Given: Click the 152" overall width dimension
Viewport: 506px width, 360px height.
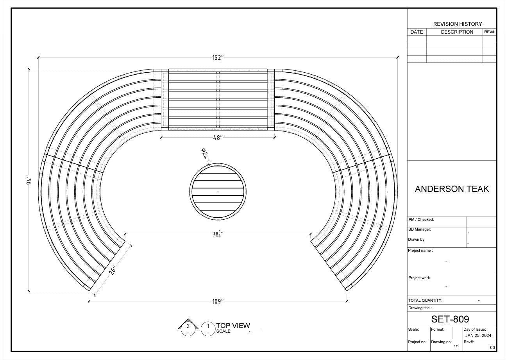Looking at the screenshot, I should pos(218,58).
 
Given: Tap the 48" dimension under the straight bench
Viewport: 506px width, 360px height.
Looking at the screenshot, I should pos(218,138).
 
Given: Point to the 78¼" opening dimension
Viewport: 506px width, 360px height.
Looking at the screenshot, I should pos(217,235).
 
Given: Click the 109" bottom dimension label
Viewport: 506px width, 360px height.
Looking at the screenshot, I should pos(218,301).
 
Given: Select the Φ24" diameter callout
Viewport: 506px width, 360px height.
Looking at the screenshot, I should pos(205,155).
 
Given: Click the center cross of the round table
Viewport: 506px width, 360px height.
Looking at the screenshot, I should pos(218,192).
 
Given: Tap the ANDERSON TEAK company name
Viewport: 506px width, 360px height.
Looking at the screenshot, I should pos(452,189).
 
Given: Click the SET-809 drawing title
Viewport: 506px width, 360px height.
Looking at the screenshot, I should pos(450,319).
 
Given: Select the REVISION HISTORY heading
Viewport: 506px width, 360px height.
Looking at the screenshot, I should pos(458,24).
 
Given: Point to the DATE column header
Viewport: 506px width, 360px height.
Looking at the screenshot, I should pos(417,32).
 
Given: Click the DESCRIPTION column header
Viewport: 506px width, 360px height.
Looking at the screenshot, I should pos(457,32).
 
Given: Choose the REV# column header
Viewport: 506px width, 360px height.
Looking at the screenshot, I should pos(490,32).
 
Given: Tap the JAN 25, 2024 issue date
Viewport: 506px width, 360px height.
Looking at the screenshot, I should pos(478,336).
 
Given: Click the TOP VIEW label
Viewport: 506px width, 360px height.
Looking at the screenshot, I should pos(233,326).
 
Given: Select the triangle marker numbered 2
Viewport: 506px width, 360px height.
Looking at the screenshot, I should pos(188,325).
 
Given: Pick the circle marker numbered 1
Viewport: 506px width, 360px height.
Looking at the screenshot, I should pos(208,328).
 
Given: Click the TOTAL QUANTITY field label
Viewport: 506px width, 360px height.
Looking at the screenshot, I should pos(425,301).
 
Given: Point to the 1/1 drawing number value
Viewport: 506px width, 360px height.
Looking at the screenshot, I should pos(456,346).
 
